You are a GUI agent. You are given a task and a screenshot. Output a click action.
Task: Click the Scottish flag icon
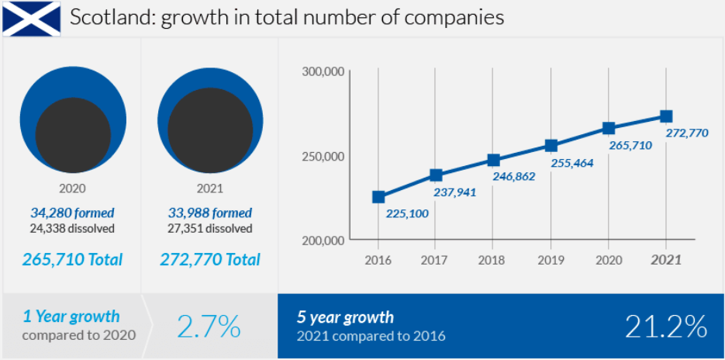(32, 19)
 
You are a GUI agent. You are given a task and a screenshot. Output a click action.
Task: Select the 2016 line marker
(378, 197)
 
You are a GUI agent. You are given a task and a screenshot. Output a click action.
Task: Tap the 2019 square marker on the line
(551, 145)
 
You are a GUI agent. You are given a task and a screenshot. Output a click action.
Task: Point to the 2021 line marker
(666, 116)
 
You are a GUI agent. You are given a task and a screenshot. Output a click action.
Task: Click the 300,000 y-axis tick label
(323, 72)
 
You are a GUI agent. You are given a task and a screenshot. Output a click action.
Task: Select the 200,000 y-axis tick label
(323, 241)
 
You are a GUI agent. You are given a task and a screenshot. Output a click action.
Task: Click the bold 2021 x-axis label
(666, 260)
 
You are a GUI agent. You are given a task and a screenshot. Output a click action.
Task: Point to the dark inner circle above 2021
(209, 130)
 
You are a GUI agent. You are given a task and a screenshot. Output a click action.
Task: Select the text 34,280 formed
(72, 213)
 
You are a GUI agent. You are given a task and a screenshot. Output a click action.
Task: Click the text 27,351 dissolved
(209, 228)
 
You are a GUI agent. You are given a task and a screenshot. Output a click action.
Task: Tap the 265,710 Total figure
(72, 259)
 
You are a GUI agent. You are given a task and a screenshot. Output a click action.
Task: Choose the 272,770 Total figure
(209, 259)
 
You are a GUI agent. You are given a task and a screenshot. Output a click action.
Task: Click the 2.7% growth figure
(209, 327)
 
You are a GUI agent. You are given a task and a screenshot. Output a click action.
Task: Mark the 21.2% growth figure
(666, 327)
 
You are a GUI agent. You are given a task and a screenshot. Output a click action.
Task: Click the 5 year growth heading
(345, 317)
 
